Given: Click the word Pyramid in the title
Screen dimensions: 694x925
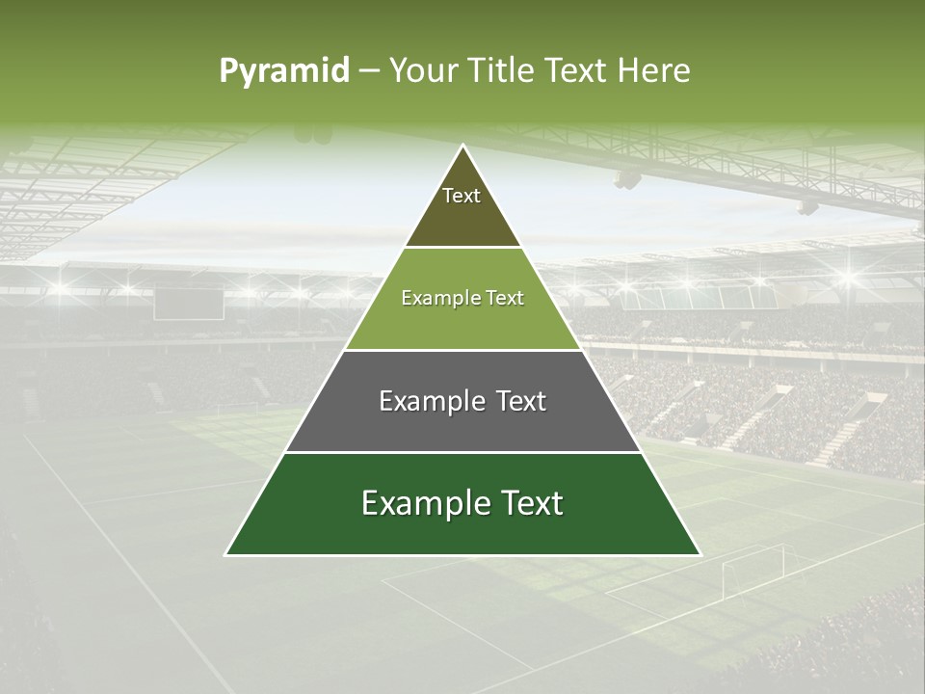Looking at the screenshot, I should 283,71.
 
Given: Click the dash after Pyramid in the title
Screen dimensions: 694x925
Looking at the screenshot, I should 368,71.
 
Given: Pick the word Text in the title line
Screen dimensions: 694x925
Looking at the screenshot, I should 579,70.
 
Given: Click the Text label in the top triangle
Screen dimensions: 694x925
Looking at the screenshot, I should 462,196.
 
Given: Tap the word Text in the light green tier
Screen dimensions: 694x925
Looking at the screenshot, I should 505,299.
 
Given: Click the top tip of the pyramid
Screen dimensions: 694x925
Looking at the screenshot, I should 462,147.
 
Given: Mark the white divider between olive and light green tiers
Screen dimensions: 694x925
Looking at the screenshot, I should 462,248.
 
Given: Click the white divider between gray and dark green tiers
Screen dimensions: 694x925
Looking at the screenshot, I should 462,452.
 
